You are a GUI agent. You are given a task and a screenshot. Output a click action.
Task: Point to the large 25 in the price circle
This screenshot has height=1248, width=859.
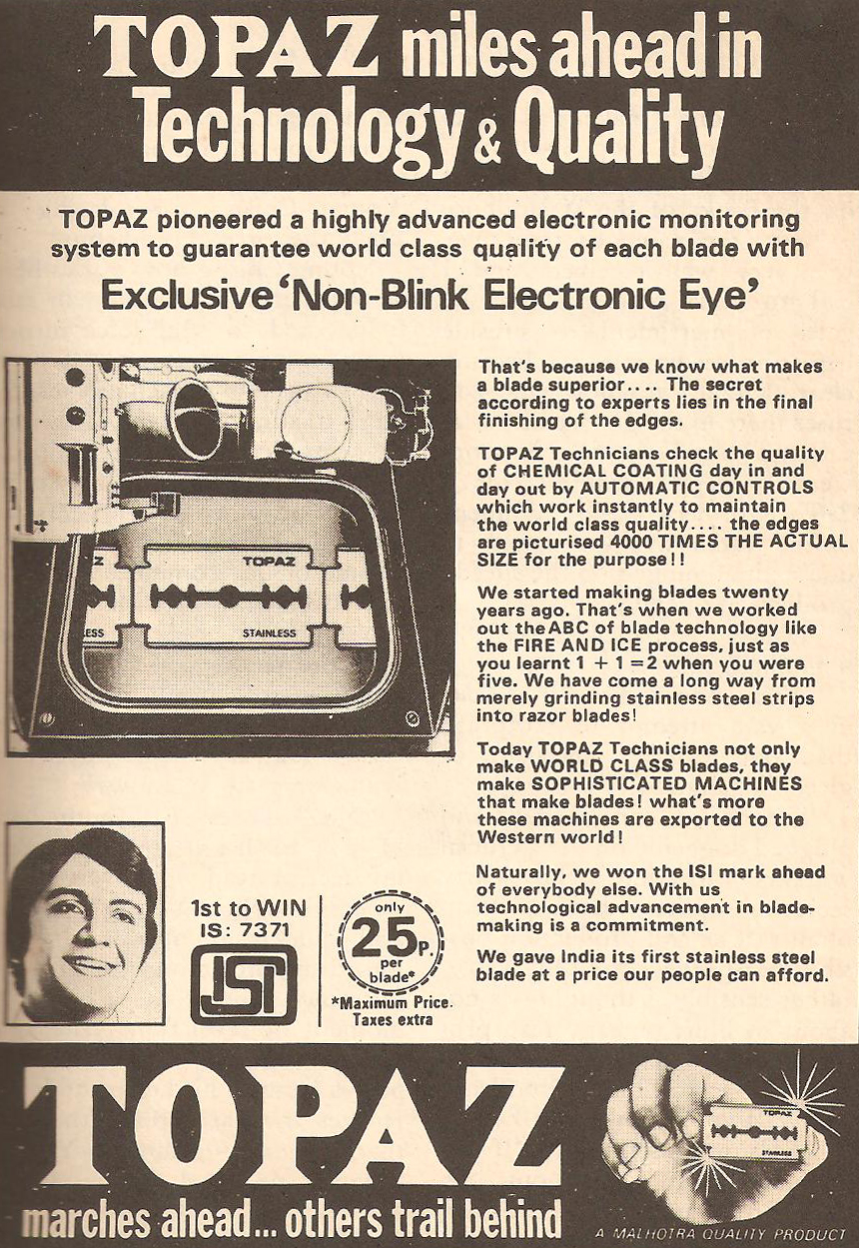pos(382,940)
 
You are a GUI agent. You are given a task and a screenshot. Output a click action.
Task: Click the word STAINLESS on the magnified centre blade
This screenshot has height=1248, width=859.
pos(270,632)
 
